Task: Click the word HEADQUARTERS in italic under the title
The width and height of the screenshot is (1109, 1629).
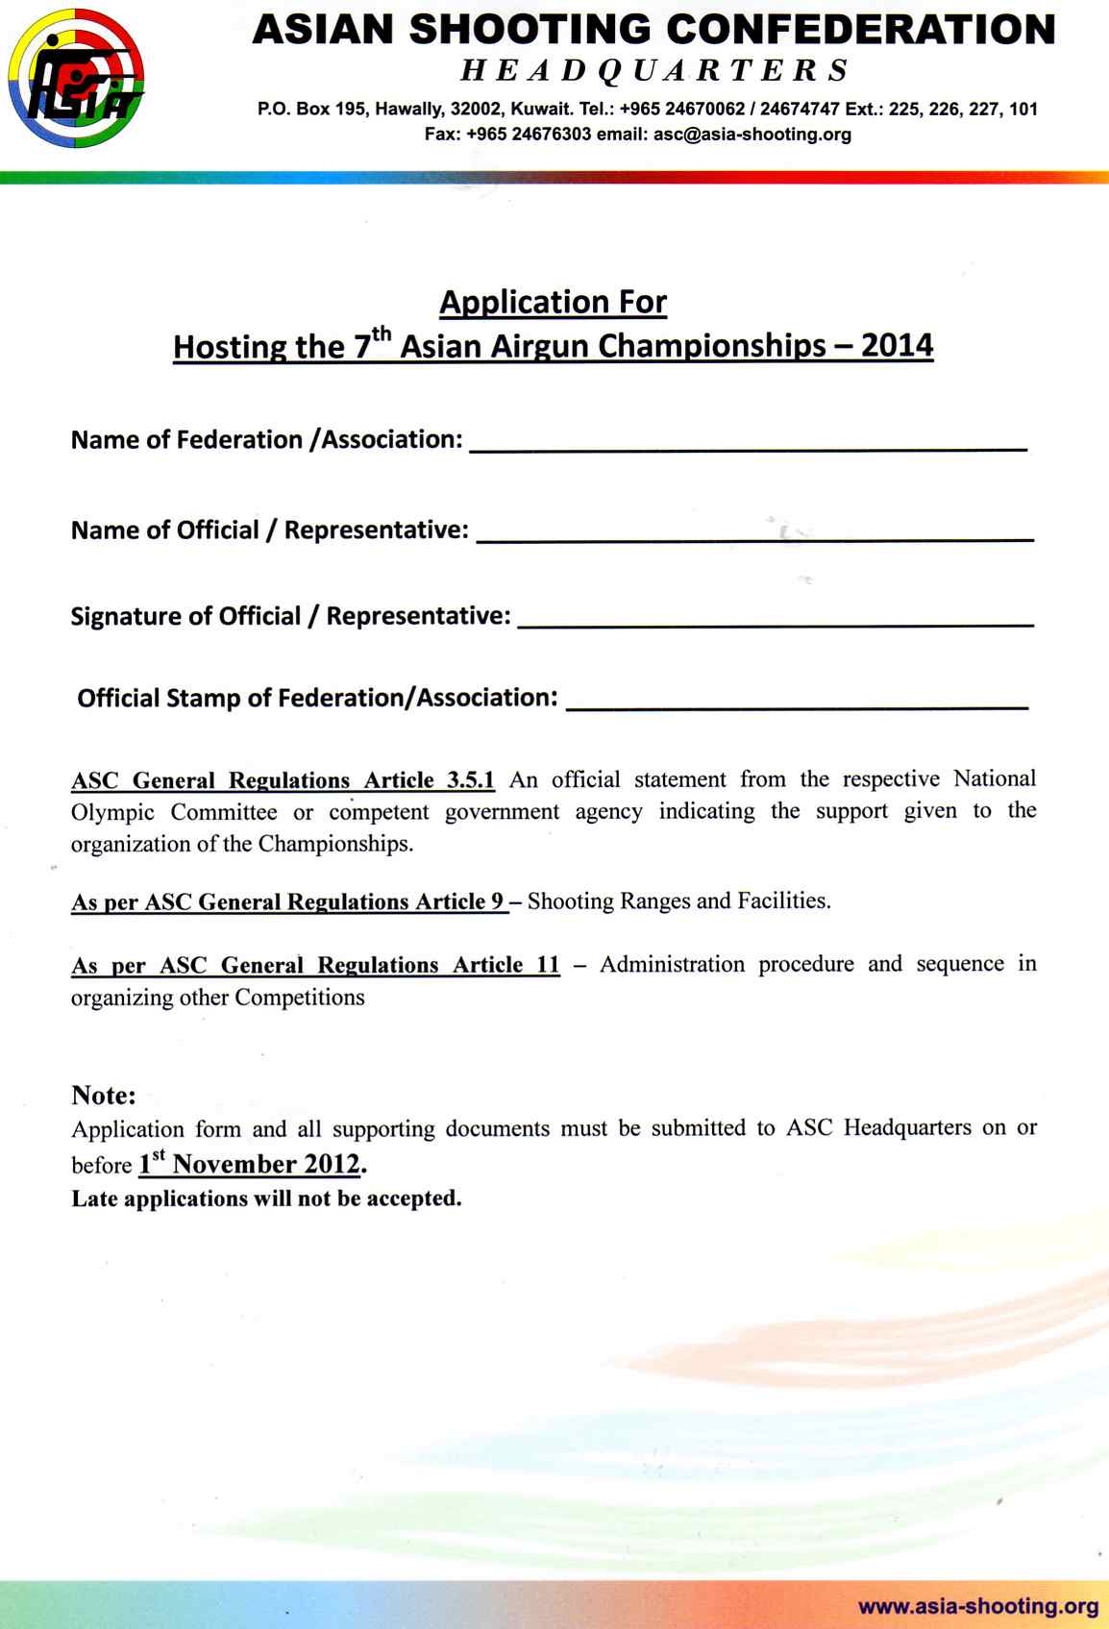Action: pos(654,70)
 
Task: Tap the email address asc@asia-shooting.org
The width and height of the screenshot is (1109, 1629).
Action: pos(752,135)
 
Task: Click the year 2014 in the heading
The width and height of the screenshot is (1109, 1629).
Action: pos(897,346)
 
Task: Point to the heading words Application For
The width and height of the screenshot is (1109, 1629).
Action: pos(553,303)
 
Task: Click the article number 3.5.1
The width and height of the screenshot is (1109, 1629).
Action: pos(471,779)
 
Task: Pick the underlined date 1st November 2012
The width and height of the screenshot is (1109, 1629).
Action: pos(250,1165)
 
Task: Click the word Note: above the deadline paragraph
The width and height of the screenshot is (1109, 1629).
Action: pos(104,1096)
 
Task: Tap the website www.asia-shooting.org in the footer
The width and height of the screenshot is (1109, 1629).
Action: pos(978,1606)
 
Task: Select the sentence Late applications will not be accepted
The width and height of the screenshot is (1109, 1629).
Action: pos(266,1198)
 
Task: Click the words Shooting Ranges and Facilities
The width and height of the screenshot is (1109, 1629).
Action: pos(678,901)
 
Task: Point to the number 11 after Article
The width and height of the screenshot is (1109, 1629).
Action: pos(548,965)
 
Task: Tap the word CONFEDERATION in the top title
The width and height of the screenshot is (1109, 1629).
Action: pos(860,31)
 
